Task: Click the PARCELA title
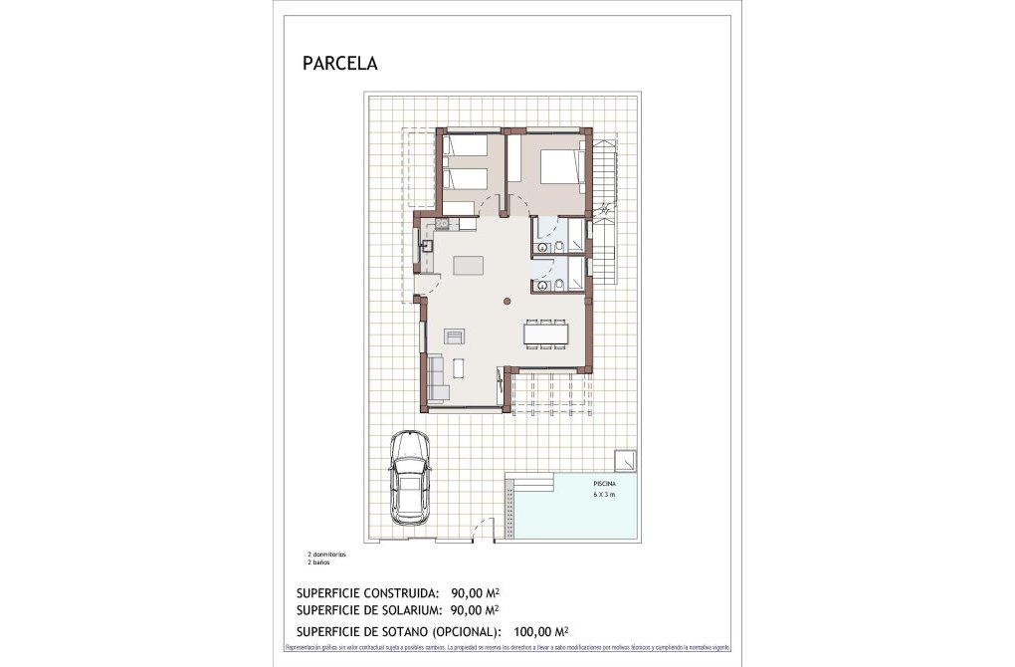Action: coord(339,64)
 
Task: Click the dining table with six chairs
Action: coord(547,333)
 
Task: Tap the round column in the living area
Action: coord(506,301)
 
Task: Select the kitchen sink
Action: coord(428,245)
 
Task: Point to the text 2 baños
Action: coord(317,561)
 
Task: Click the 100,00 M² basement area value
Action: coord(541,631)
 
